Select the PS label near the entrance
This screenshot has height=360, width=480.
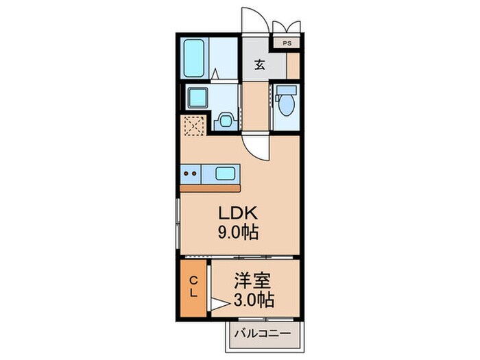pos(287,43)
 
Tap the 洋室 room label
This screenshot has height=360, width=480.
pos(252,281)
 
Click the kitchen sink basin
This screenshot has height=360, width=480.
pos(225,173)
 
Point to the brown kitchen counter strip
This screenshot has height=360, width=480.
pos(211,187)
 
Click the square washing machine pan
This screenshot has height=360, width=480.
pos(197,97)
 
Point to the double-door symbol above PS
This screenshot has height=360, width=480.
pos(287,27)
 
